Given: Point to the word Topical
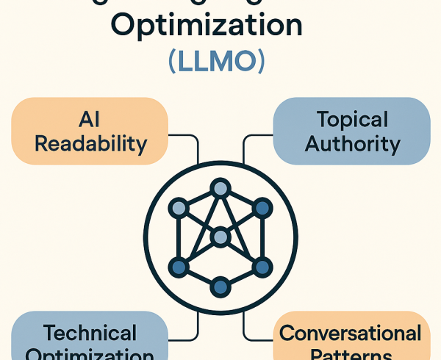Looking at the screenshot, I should [351, 119].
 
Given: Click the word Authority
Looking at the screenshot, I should [351, 143].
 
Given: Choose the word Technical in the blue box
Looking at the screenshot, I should [90, 334].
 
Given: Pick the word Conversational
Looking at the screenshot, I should [351, 334].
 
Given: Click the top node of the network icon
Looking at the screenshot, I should [220, 188].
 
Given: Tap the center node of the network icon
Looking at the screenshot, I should [220, 237].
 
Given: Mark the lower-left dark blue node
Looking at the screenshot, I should [178, 265].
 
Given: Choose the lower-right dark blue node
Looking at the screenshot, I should [262, 265].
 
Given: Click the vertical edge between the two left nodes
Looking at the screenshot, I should [178, 237].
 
